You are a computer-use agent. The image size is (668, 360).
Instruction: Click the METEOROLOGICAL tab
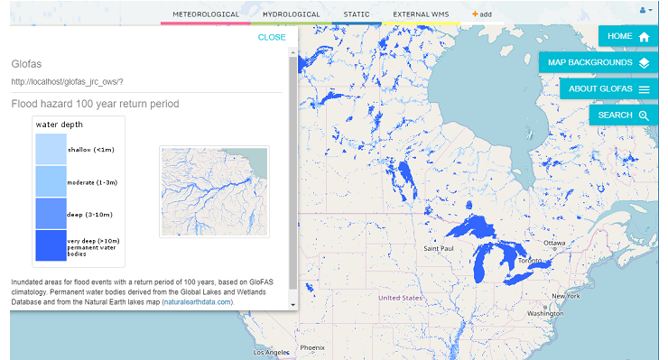206,14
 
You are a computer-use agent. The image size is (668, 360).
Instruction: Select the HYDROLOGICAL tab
291,14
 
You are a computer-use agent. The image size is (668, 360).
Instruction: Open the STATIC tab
357,14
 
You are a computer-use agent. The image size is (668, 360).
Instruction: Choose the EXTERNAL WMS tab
421,14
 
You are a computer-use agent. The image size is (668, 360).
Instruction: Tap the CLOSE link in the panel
271,37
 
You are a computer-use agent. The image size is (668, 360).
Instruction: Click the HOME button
628,37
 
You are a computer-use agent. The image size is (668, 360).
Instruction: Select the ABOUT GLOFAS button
608,89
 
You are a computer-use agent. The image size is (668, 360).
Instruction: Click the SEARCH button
623,115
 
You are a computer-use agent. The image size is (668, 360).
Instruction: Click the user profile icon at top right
645,10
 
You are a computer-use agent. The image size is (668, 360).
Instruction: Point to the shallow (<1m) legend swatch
51,149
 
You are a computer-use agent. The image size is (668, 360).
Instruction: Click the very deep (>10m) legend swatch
51,245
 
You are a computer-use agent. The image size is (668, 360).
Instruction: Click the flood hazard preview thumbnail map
214,191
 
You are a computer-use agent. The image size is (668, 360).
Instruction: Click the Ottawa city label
553,244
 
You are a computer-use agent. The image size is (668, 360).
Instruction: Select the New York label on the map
566,296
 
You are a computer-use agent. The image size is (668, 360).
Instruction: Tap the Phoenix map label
311,347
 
